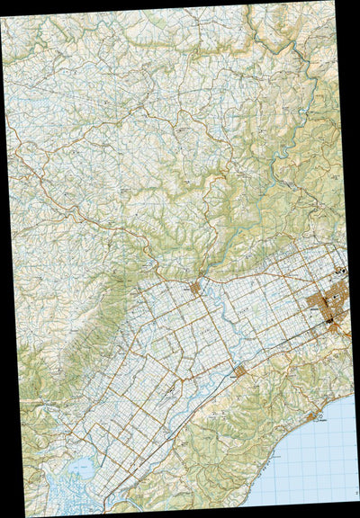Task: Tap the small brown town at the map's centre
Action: [195, 288]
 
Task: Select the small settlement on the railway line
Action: [238, 370]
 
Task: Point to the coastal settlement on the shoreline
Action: [316, 418]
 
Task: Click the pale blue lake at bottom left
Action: [78, 467]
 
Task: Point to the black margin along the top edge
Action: [135, 4]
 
